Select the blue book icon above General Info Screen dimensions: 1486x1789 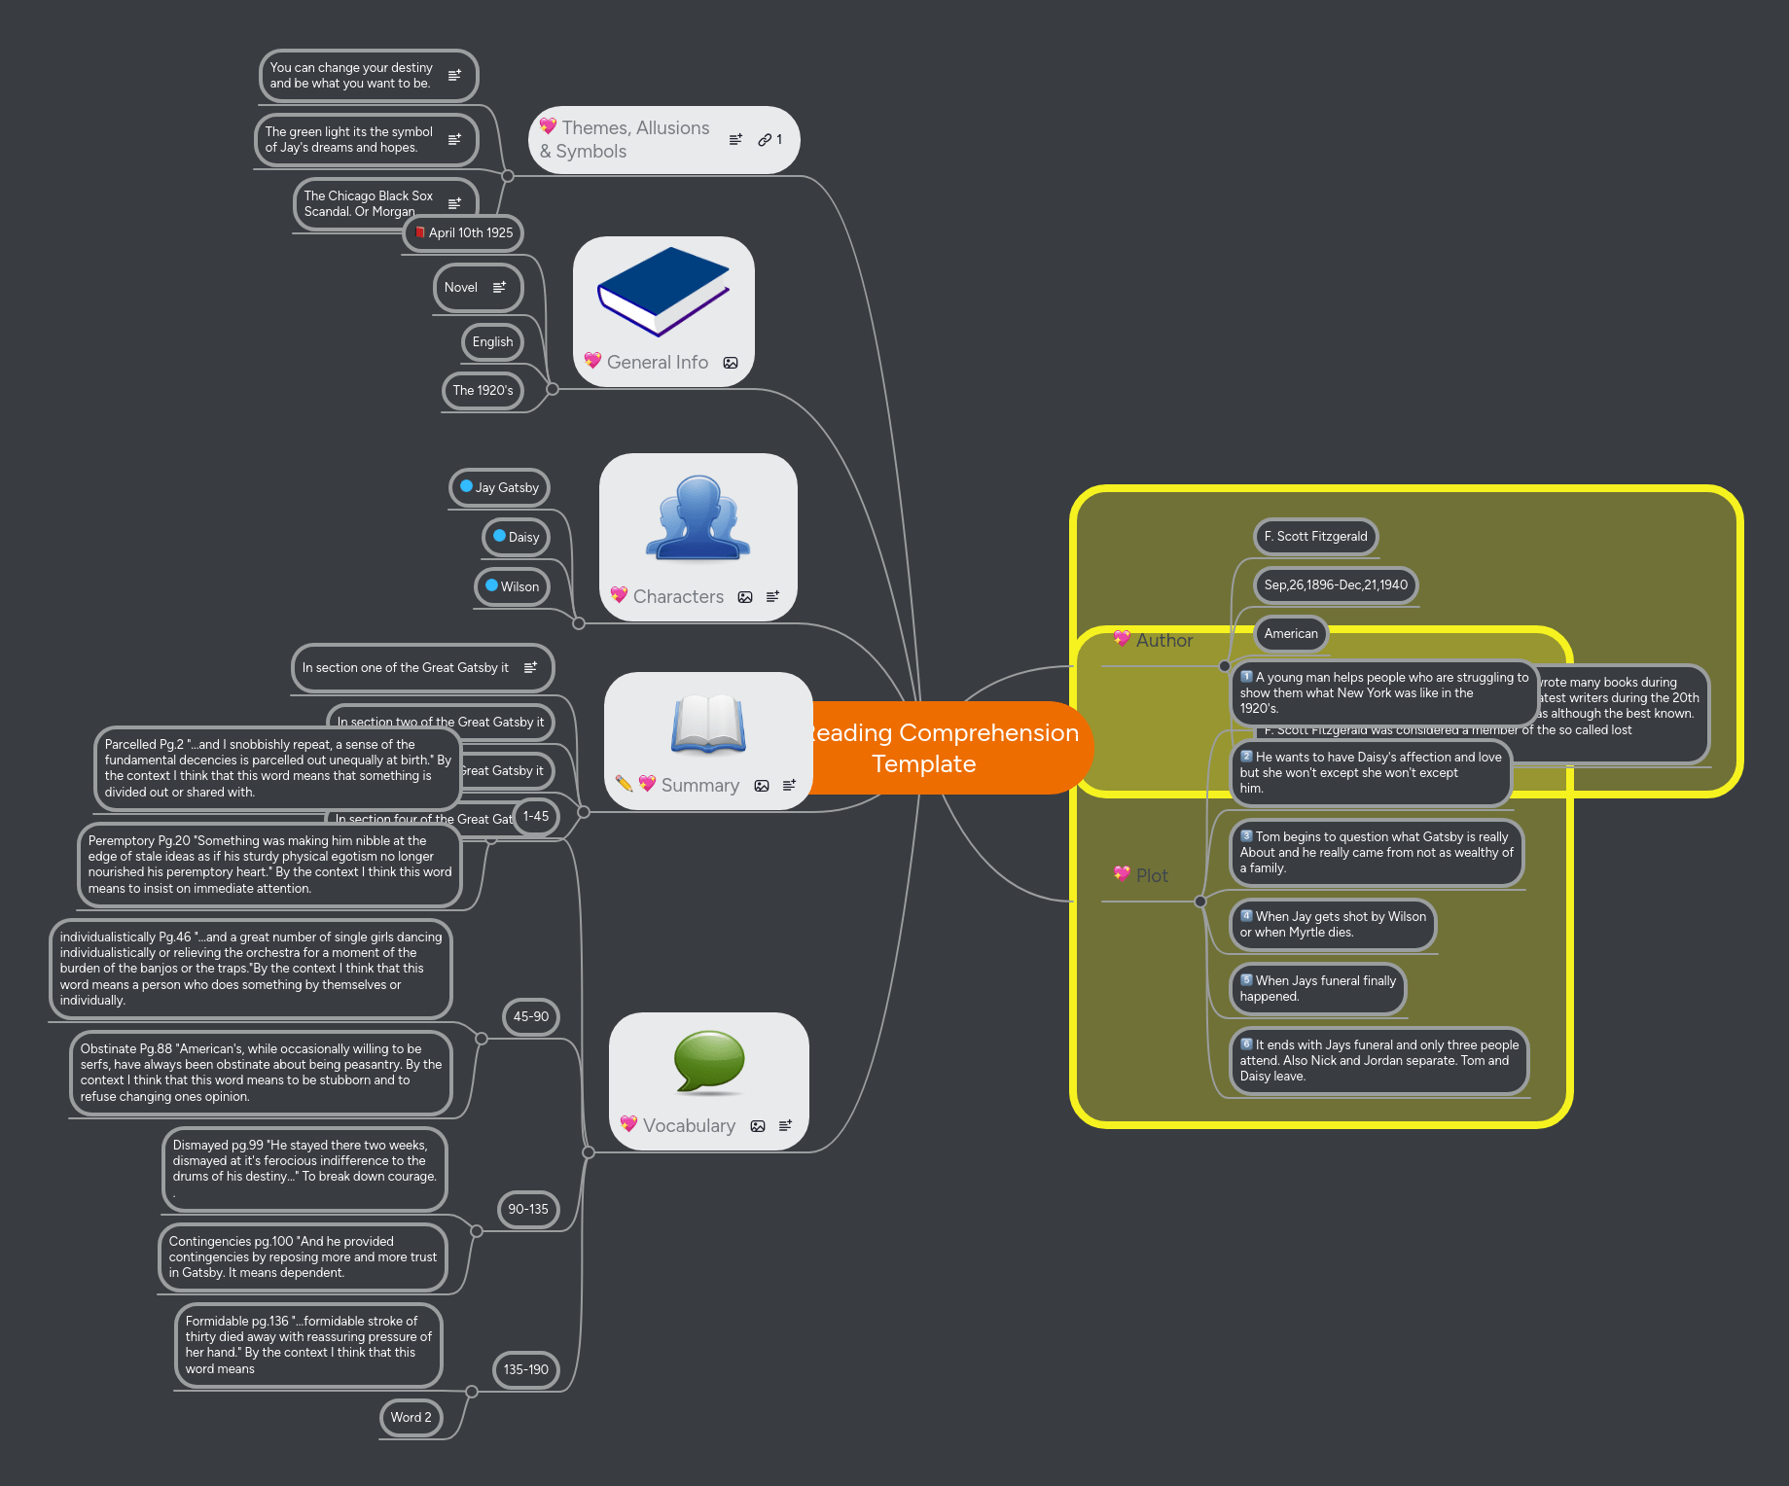click(663, 291)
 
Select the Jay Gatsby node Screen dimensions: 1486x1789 click(500, 487)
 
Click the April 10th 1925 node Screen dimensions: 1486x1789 click(464, 232)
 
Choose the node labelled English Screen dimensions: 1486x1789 click(492, 341)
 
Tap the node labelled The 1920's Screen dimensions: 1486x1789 click(483, 390)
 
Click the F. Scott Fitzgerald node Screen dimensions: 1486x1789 click(1315, 536)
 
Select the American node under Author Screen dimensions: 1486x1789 click(1291, 633)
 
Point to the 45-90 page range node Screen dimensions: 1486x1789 click(531, 1016)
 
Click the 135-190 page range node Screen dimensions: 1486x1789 click(526, 1369)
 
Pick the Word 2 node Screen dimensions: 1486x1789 click(411, 1417)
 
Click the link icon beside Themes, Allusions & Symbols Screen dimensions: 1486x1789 click(766, 140)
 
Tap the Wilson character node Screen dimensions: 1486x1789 click(513, 586)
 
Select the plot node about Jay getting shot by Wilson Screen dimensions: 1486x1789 click(1333, 924)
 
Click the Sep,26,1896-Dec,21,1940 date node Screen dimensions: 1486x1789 click(1335, 584)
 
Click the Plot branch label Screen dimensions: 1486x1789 click(1152, 875)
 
